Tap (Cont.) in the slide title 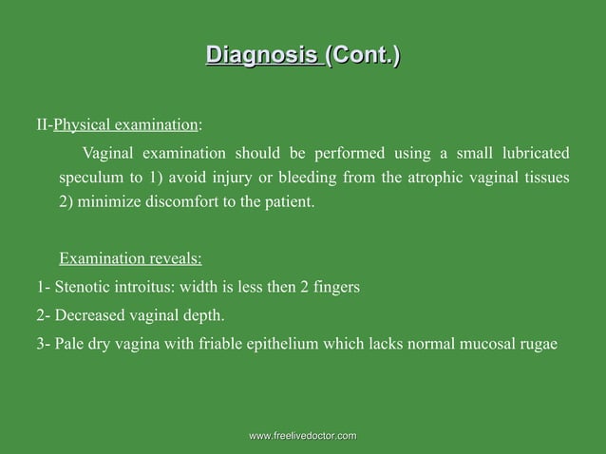[x=362, y=54]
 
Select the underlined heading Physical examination [x=126, y=124]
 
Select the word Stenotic [x=84, y=287]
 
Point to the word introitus [x=146, y=287]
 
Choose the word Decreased [x=90, y=314]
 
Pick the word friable [x=221, y=343]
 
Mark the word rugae [x=538, y=343]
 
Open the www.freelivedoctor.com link [x=302, y=435]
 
